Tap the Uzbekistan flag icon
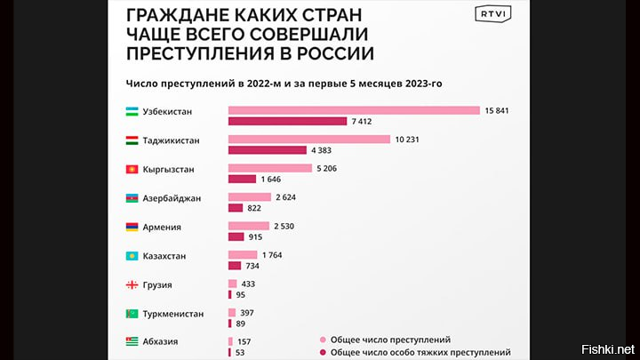(x=131, y=111)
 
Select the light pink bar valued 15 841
(x=355, y=110)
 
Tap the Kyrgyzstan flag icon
(x=131, y=168)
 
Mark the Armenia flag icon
(x=131, y=227)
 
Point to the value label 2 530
(x=291, y=226)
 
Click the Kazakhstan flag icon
(x=131, y=256)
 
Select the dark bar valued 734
(x=235, y=266)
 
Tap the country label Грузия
(x=157, y=285)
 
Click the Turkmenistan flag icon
(x=131, y=314)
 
